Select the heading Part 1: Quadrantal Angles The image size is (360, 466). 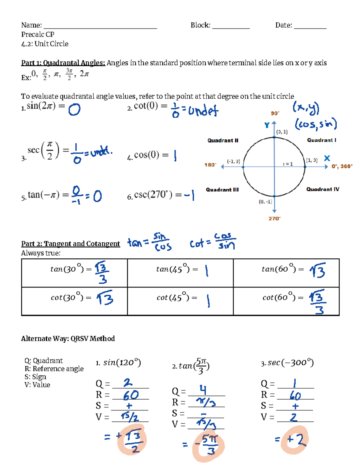63,63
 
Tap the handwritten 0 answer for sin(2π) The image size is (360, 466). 74,110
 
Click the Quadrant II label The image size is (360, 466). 223,140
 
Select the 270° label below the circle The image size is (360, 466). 274,218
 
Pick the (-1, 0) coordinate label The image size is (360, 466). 233,161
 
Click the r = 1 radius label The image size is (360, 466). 288,164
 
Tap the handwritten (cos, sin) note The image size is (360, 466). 316,124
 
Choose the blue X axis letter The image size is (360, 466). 327,158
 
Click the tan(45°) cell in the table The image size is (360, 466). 180,272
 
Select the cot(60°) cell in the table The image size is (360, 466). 286,301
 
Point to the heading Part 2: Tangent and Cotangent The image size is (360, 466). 70,244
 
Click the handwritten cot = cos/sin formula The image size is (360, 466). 212,242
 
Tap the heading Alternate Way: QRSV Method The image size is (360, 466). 68,339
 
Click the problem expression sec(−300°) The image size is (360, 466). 287,363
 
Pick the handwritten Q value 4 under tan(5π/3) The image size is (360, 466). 203,390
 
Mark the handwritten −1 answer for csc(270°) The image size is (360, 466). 189,195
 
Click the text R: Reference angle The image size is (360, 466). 54,369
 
